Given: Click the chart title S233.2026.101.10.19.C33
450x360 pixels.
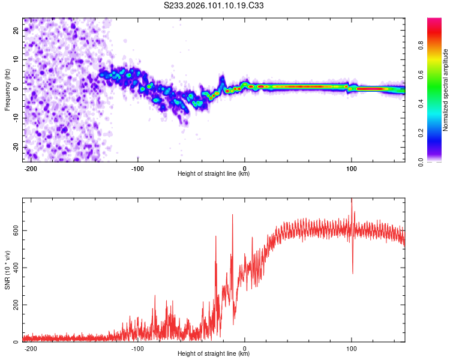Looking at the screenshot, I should pos(214,5).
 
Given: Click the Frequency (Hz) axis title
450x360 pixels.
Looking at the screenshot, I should pos(8,89).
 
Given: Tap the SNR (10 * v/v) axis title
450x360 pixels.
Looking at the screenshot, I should pos(8,269).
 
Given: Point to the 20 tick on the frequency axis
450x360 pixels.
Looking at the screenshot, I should pos(17,30).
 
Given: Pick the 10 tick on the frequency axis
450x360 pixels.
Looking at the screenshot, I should pos(17,59).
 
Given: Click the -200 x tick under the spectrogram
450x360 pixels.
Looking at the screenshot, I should pos(30,168).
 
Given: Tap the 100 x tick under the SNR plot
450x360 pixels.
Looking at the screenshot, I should pos(351,348).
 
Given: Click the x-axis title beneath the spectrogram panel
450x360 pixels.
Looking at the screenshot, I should pos(214,174).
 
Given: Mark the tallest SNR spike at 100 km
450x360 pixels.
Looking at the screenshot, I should pos(352,200).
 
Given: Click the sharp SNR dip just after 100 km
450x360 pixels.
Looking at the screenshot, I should pos(353,273).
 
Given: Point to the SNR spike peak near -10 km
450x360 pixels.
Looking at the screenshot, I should pos(232,215).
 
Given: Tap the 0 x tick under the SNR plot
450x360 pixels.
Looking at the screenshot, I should pos(245,348).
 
